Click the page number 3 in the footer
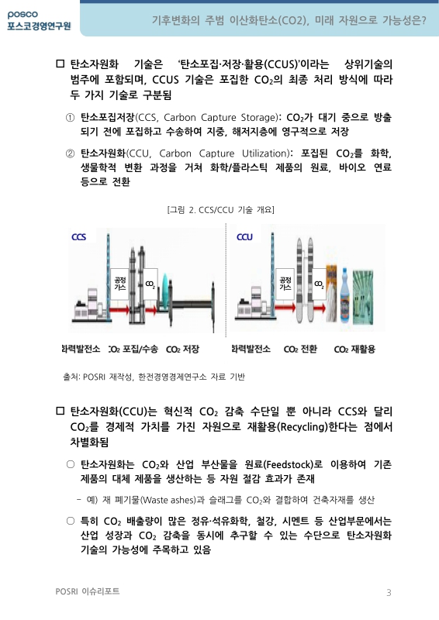pyautogui.click(x=388, y=593)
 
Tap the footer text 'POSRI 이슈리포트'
pyautogui.click(x=88, y=592)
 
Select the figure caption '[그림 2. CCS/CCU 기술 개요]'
pyautogui.click(x=220, y=210)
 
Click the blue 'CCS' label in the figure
pyautogui.click(x=78, y=236)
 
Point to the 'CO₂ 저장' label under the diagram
pyautogui.click(x=182, y=350)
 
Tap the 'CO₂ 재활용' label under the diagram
pyautogui.click(x=354, y=350)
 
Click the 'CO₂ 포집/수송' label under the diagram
pyautogui.click(x=133, y=350)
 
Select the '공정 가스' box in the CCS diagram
pyautogui.click(x=120, y=284)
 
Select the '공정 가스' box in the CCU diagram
pyautogui.click(x=285, y=284)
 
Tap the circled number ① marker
pyautogui.click(x=70, y=117)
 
